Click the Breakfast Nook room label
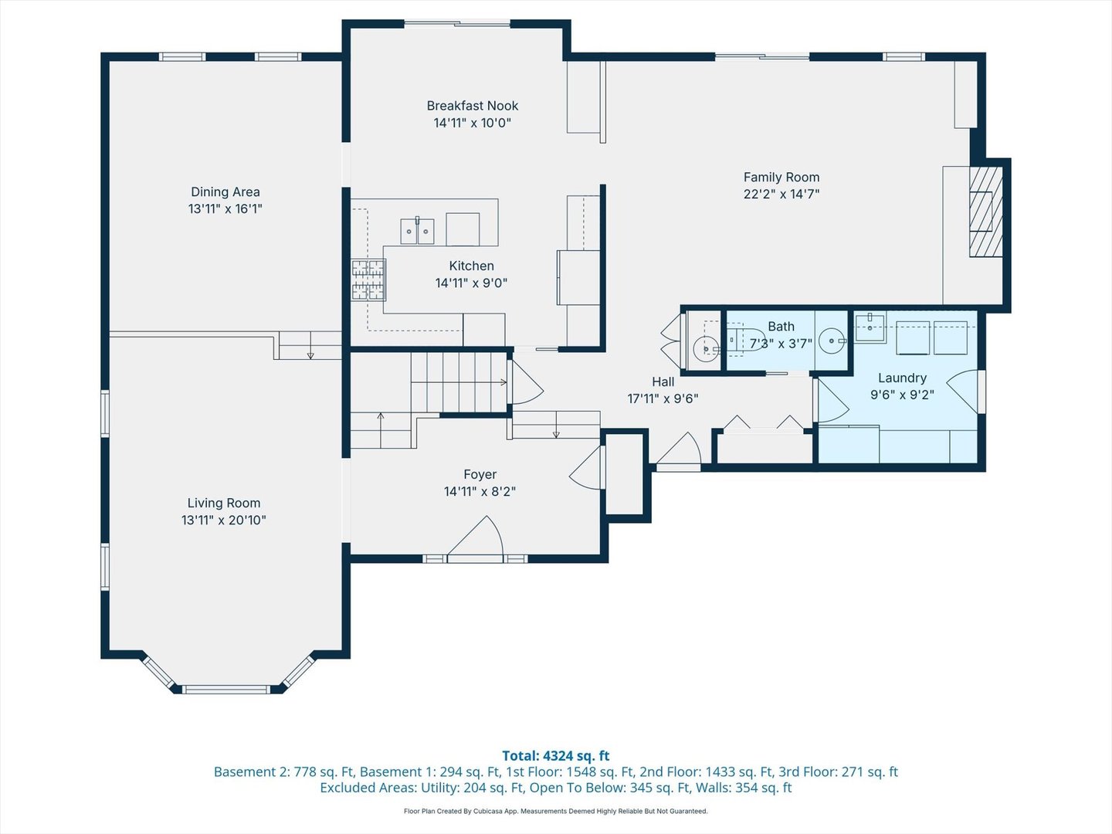[x=472, y=106]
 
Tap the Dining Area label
[x=225, y=192]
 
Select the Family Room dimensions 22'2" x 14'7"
[x=781, y=194]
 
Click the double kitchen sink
[x=417, y=231]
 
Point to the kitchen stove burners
[x=368, y=280]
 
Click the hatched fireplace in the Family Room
[x=985, y=212]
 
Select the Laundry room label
[x=902, y=378]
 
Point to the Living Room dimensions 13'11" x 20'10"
[x=224, y=520]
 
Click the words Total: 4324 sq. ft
[x=556, y=755]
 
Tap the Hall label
[x=663, y=381]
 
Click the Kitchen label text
[x=471, y=266]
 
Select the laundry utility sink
[x=870, y=327]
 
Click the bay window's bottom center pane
[x=226, y=689]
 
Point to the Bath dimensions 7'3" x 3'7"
[x=781, y=344]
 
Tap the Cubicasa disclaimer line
[x=556, y=811]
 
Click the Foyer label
[x=480, y=474]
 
